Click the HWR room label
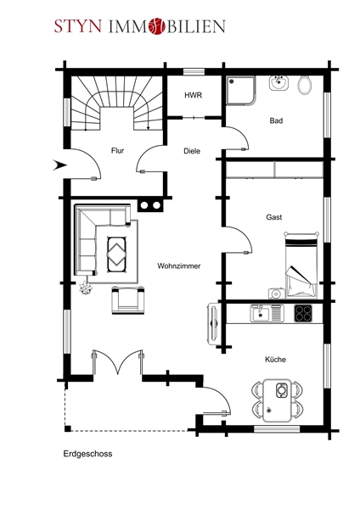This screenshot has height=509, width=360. click(194, 95)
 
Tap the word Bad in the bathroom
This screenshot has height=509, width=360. click(276, 120)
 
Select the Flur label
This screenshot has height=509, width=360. click(118, 151)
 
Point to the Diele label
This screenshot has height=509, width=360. click(192, 151)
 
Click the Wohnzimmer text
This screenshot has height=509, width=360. click(179, 266)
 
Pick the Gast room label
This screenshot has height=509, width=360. click(274, 217)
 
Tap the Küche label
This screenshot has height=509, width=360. click(276, 360)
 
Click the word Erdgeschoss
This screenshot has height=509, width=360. click(87, 454)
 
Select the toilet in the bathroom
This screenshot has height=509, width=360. click(305, 85)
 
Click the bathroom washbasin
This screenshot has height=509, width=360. click(278, 83)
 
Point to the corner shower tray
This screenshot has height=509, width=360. click(241, 91)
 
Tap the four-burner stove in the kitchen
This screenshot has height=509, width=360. click(303, 313)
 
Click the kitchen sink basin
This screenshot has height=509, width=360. click(260, 314)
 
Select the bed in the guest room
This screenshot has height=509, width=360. click(301, 265)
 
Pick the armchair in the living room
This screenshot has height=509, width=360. click(128, 300)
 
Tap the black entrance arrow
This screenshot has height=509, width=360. click(59, 165)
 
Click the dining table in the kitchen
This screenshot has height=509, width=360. click(277, 400)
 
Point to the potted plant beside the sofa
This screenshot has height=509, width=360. click(86, 288)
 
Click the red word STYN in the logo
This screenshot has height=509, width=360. click(78, 26)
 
